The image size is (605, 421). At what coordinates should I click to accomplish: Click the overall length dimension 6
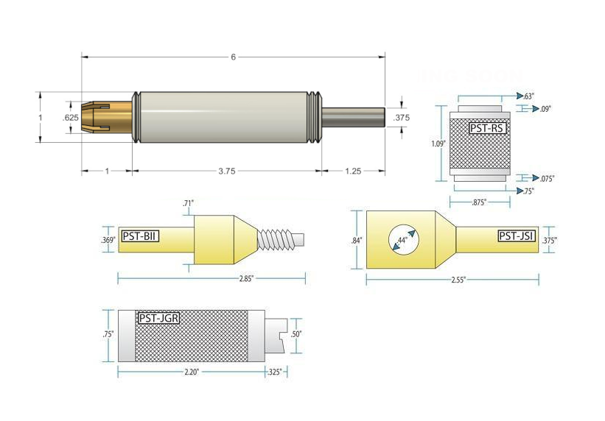[233, 57]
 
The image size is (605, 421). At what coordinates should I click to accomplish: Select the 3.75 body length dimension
[227, 171]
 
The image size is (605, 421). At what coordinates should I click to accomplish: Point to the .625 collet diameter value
[71, 118]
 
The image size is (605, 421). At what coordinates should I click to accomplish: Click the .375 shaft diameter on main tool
[402, 118]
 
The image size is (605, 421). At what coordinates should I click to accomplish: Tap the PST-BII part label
[140, 236]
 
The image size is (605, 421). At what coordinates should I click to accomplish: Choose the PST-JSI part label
[516, 236]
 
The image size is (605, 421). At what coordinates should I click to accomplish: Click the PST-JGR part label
[157, 319]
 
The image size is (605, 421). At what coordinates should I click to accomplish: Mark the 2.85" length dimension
[211, 278]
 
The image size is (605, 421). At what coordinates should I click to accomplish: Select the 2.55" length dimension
[452, 279]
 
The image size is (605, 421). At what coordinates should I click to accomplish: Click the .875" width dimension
[480, 202]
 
